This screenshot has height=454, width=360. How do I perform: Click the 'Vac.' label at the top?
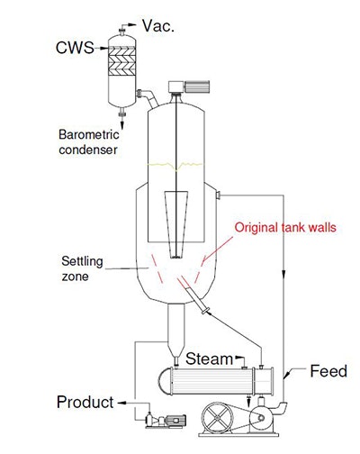pos(163,26)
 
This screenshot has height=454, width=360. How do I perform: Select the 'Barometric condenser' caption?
pos(89,141)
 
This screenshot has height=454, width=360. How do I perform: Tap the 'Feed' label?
pos(328,370)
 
